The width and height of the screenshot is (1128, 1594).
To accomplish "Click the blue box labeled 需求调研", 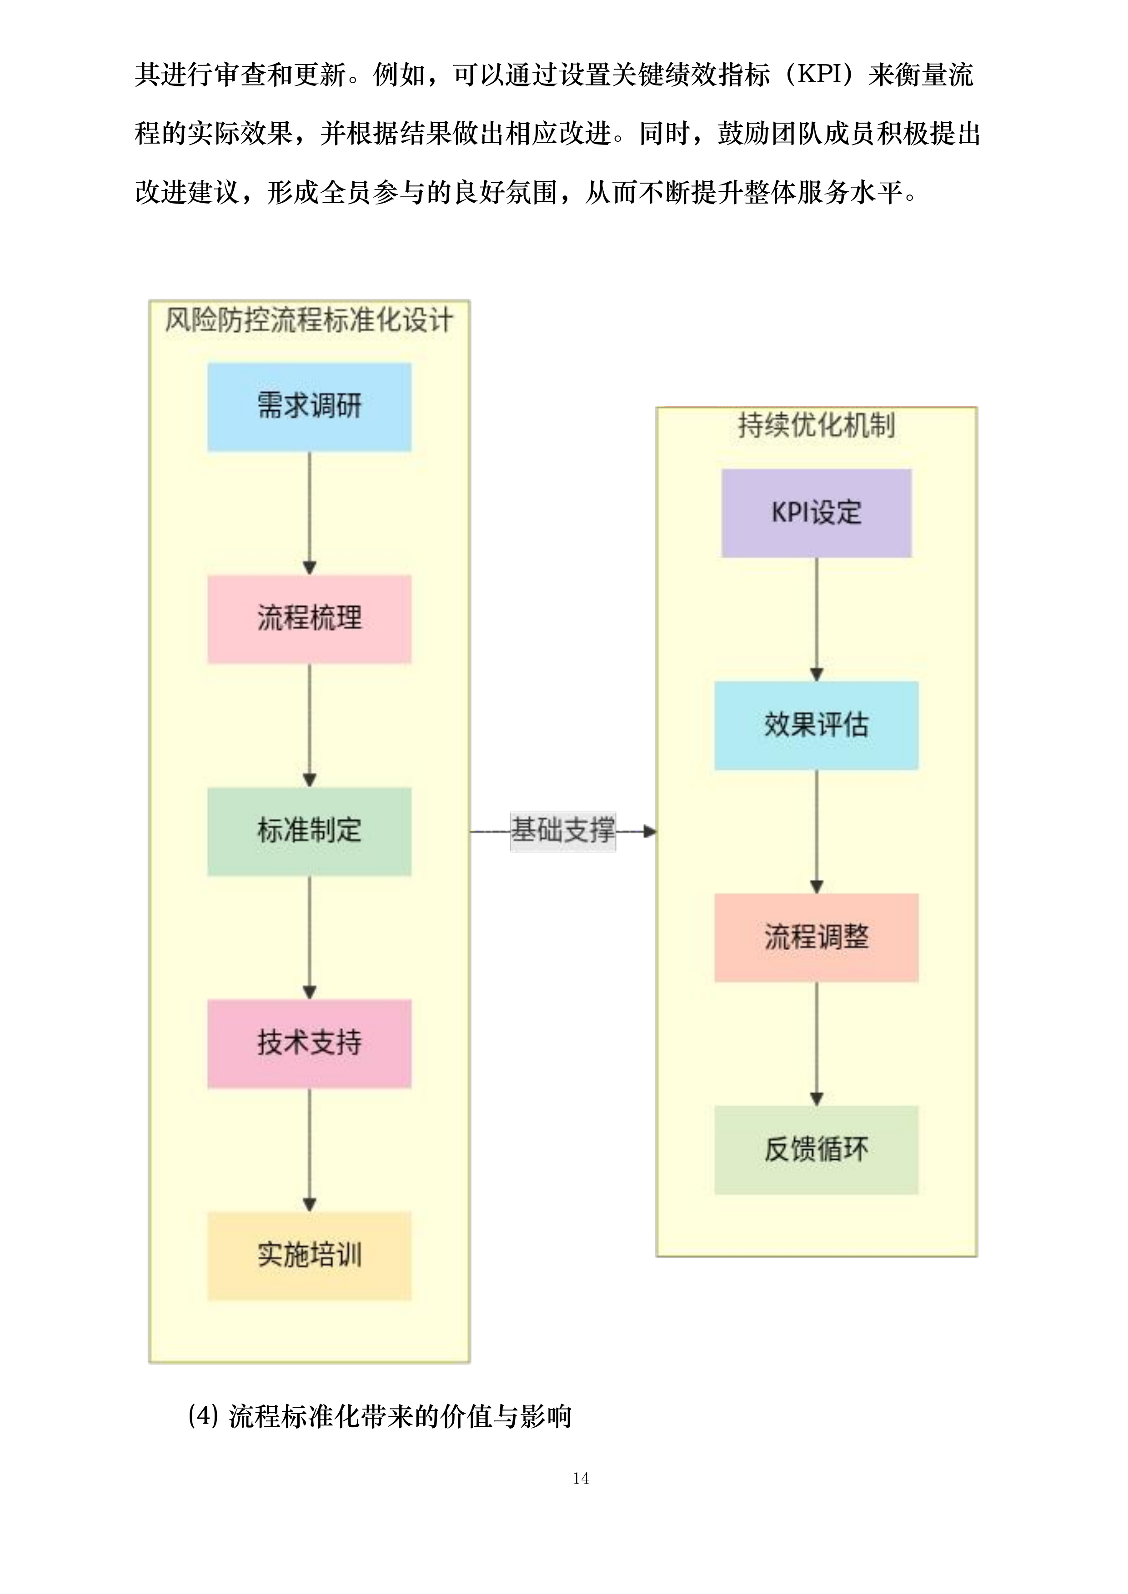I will tap(309, 407).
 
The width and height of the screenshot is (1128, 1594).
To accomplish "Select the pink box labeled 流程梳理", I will tap(309, 618).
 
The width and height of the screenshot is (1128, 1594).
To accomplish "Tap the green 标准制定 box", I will tap(309, 831).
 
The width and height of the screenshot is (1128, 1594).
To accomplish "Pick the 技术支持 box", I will tap(309, 1043).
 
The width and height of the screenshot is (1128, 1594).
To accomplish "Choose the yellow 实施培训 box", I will tap(309, 1256).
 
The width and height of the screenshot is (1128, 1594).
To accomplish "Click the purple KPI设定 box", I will tap(816, 513).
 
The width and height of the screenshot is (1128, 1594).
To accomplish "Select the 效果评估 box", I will tap(816, 726).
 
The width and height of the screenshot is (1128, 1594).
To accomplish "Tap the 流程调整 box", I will tap(816, 938).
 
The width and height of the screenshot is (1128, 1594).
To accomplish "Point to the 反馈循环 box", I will tap(816, 1151).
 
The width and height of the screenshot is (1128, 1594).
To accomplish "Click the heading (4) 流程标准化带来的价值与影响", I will tap(379, 1416).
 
